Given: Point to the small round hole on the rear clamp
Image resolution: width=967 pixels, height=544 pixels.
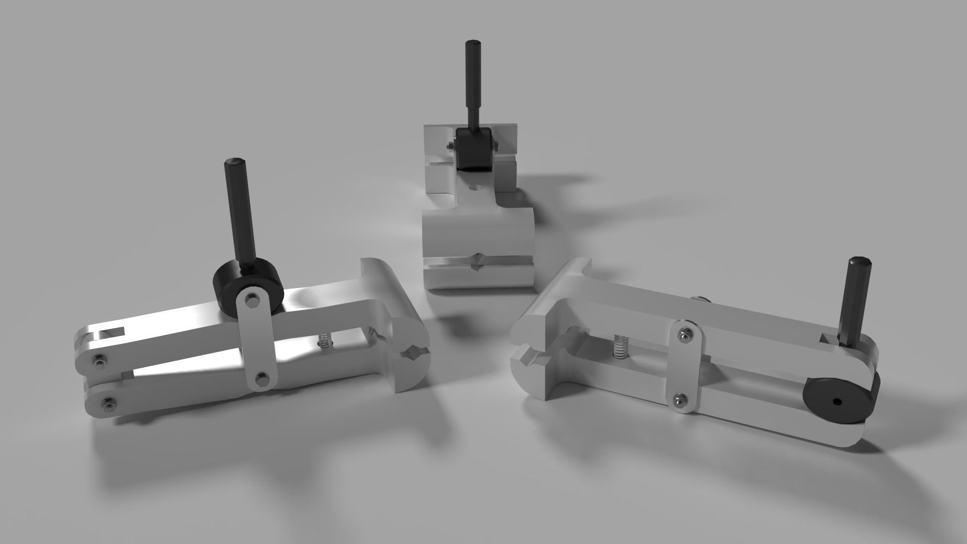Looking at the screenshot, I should point(472,188).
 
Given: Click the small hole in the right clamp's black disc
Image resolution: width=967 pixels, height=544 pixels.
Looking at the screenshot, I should point(837,401).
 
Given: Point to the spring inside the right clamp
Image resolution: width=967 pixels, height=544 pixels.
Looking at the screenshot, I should point(621,348).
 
